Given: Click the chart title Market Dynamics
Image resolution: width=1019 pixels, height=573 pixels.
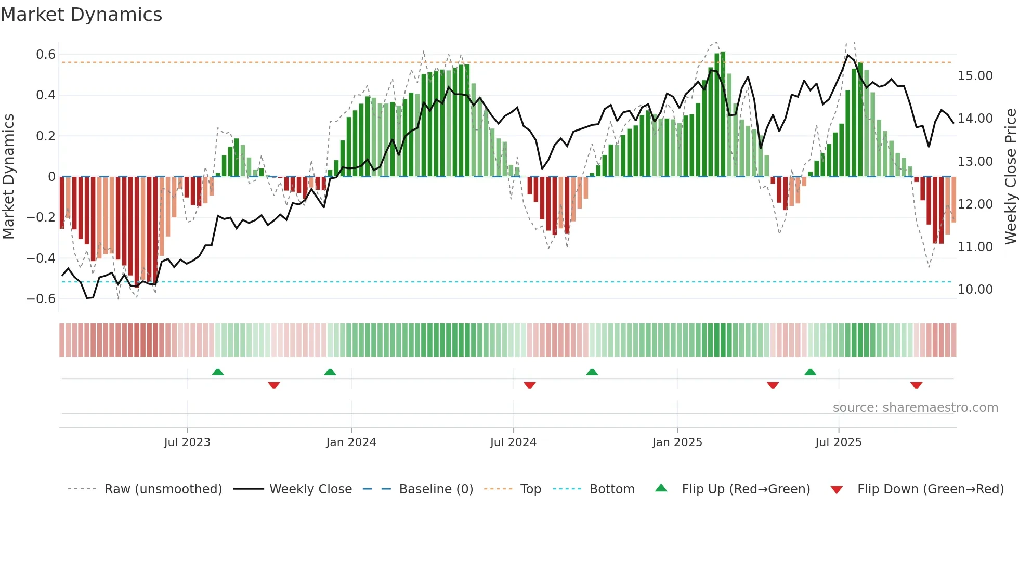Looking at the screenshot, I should (x=81, y=15).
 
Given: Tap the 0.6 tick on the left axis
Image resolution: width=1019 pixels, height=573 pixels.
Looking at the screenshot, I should (x=46, y=55).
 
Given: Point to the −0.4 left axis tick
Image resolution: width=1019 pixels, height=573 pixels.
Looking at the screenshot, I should (x=41, y=258).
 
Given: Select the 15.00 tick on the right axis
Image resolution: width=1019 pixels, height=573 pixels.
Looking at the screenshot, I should (x=975, y=76).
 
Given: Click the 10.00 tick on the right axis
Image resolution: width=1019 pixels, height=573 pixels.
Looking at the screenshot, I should (x=975, y=290).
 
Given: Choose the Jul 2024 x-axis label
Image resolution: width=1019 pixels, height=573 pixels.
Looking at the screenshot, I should (x=513, y=442).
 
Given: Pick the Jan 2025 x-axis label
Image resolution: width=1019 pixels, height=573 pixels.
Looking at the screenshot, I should (x=677, y=442).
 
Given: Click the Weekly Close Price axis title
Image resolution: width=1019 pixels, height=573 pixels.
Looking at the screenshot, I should (x=1010, y=176).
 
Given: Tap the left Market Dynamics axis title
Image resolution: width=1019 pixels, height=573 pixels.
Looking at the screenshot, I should (x=8, y=176).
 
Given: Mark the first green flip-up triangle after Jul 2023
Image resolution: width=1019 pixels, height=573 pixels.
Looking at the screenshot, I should (x=218, y=372).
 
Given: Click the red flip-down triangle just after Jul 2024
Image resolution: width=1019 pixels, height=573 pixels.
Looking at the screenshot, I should (x=530, y=385).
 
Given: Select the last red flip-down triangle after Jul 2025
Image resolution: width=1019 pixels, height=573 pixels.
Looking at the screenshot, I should (x=917, y=385).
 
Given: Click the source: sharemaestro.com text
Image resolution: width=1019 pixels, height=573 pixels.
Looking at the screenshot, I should (x=915, y=408).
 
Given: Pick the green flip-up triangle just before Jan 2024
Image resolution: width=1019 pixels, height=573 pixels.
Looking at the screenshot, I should (x=330, y=372).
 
